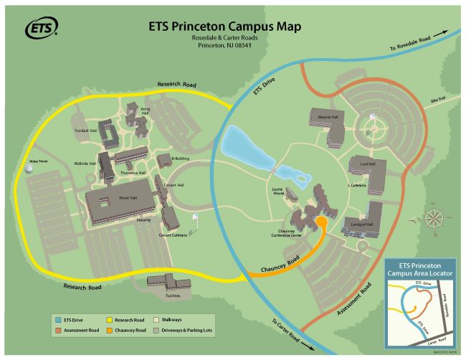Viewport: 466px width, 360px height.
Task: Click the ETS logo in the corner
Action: (x=42, y=28)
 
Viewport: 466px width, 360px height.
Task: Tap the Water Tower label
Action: (x=37, y=162)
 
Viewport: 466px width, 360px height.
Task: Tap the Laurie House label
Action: (x=278, y=193)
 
